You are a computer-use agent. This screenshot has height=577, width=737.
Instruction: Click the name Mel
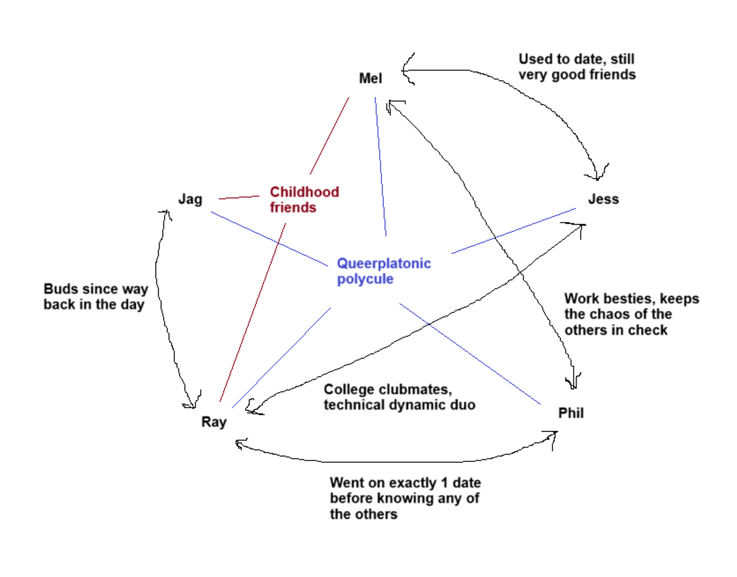coord(370,78)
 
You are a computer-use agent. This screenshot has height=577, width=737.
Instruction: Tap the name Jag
coord(190,199)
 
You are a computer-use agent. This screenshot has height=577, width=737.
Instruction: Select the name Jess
coord(603,199)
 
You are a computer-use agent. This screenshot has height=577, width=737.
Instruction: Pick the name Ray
coord(214,422)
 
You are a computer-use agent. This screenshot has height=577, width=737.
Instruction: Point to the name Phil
coord(571,413)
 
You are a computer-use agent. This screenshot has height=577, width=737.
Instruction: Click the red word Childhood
coord(304,192)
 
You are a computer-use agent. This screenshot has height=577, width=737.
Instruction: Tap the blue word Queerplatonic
coord(384,264)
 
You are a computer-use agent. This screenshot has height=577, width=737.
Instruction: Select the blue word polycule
coord(365,279)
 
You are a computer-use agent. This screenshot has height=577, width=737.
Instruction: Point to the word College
coord(349,390)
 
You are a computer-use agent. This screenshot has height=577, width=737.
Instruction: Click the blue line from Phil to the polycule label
coord(470,354)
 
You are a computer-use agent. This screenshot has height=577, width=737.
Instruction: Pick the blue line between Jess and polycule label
coord(513,231)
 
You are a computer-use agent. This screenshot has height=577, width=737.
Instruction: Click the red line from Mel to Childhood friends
coord(329,136)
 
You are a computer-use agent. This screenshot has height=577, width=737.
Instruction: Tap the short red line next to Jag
coord(239,198)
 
